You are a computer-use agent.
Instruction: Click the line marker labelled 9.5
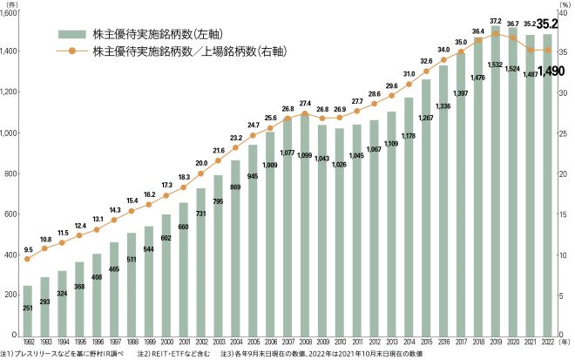[x=27, y=259]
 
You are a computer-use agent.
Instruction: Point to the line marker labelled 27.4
[x=305, y=113]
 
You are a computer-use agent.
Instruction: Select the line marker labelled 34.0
[x=444, y=60]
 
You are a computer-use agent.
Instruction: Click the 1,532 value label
[x=496, y=66]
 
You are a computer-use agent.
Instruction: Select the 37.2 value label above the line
[x=496, y=19]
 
